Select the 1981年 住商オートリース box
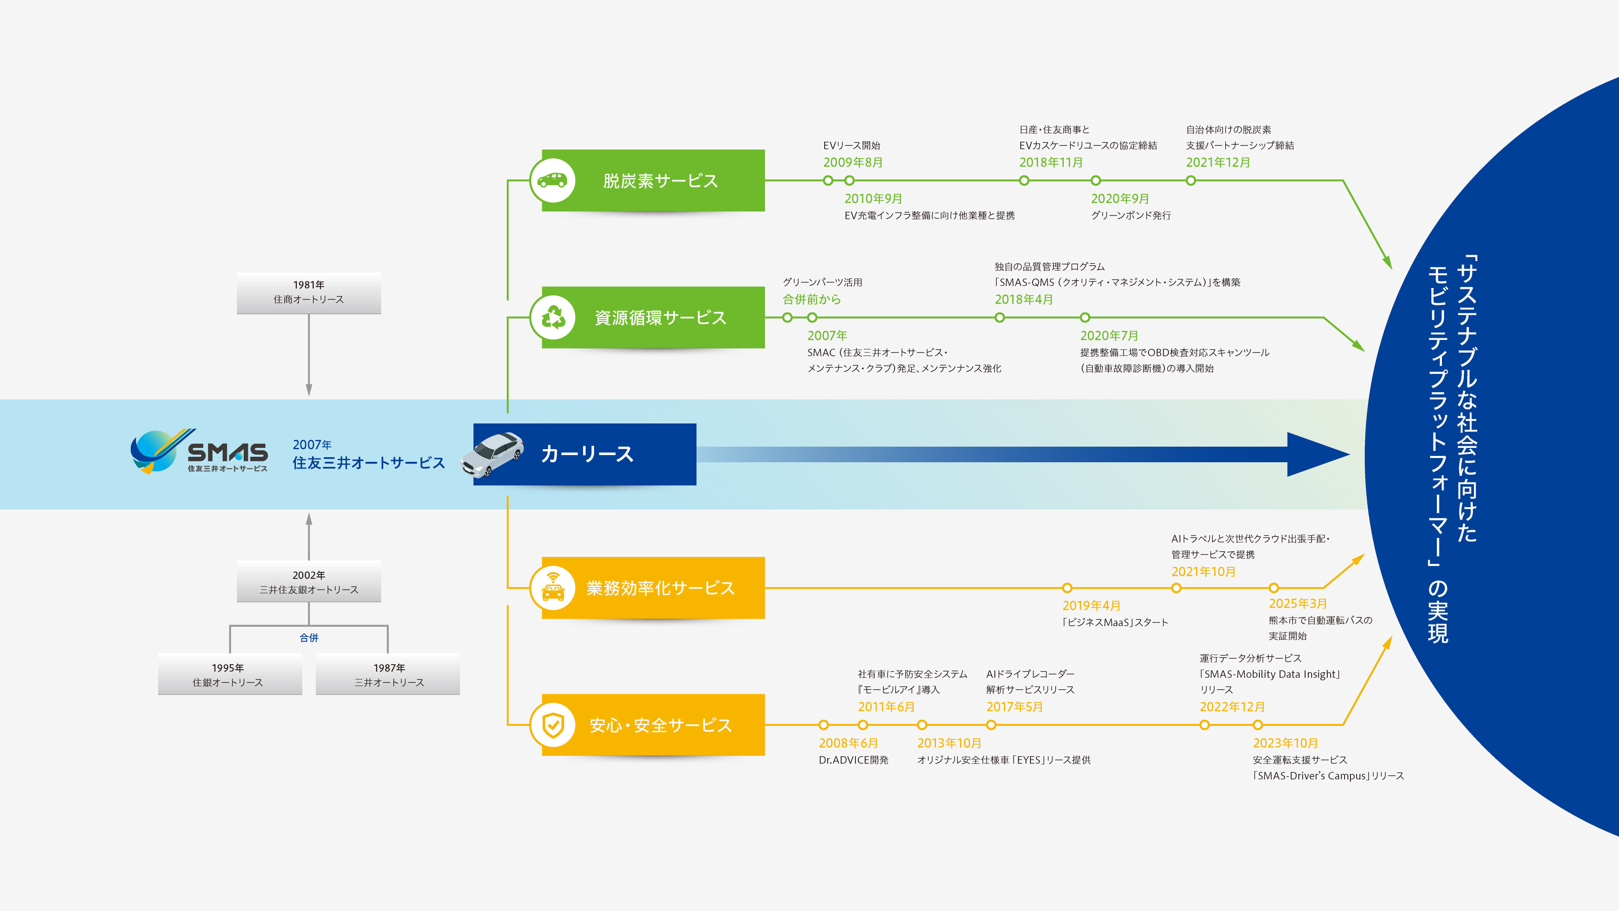[x=309, y=293]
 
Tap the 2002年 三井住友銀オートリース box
[x=309, y=582]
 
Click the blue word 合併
[x=309, y=638]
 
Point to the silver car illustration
[x=492, y=454]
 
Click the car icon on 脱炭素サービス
[x=552, y=181]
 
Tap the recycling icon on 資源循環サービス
[x=552, y=318]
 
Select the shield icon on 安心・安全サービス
[x=552, y=725]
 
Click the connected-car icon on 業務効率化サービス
[x=552, y=588]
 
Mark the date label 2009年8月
[x=853, y=162]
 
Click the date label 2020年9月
[x=1119, y=199]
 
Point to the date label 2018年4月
[x=1023, y=299]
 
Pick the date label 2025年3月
[x=1297, y=604]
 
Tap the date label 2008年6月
[x=848, y=743]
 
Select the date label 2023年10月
[x=1285, y=743]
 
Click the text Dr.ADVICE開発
[x=853, y=760]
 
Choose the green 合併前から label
[x=811, y=299]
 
